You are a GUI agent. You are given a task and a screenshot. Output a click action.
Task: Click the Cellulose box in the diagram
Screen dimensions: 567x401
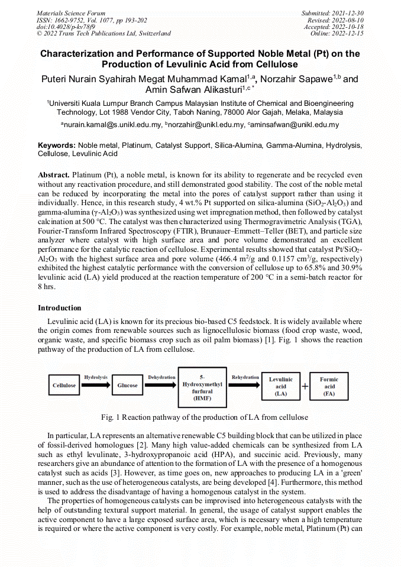tap(64, 385)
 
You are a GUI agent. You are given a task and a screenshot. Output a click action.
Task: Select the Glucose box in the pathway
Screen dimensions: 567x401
tap(127, 385)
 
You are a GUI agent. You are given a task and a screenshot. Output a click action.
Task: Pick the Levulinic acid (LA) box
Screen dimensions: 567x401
tap(280, 386)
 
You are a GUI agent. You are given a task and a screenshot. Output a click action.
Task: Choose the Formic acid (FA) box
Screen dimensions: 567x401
tap(329, 386)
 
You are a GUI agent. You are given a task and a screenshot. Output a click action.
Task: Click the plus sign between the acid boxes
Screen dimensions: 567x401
tap(305, 386)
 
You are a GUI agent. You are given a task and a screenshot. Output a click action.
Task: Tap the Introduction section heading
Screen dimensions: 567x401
tap(60, 308)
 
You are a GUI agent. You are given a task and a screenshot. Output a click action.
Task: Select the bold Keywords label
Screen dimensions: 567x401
tap(57, 145)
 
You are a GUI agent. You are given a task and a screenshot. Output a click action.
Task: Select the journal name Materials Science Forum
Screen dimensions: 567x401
tap(71, 13)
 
